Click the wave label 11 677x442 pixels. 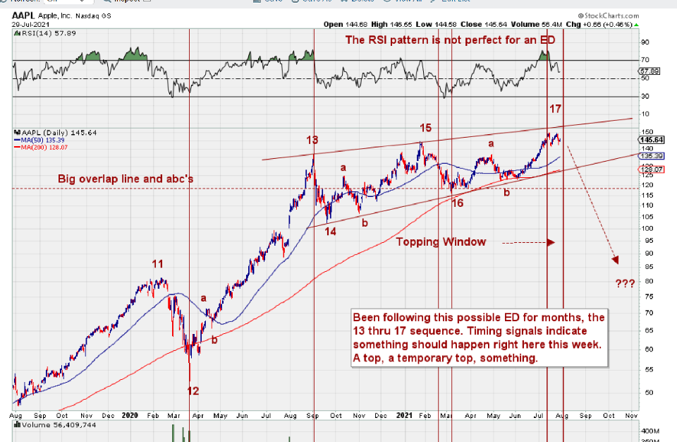(x=158, y=264)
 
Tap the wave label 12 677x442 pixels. (x=193, y=390)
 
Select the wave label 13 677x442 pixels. (x=312, y=140)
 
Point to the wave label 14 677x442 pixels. (x=331, y=231)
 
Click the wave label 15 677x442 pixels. (x=426, y=128)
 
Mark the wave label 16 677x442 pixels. (x=458, y=203)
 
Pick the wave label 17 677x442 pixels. (x=556, y=109)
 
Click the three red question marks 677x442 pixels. (x=625, y=283)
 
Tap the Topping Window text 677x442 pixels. (x=441, y=242)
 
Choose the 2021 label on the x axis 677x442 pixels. (x=403, y=417)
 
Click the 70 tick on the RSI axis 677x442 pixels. (x=645, y=61)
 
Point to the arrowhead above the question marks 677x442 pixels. (x=616, y=260)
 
